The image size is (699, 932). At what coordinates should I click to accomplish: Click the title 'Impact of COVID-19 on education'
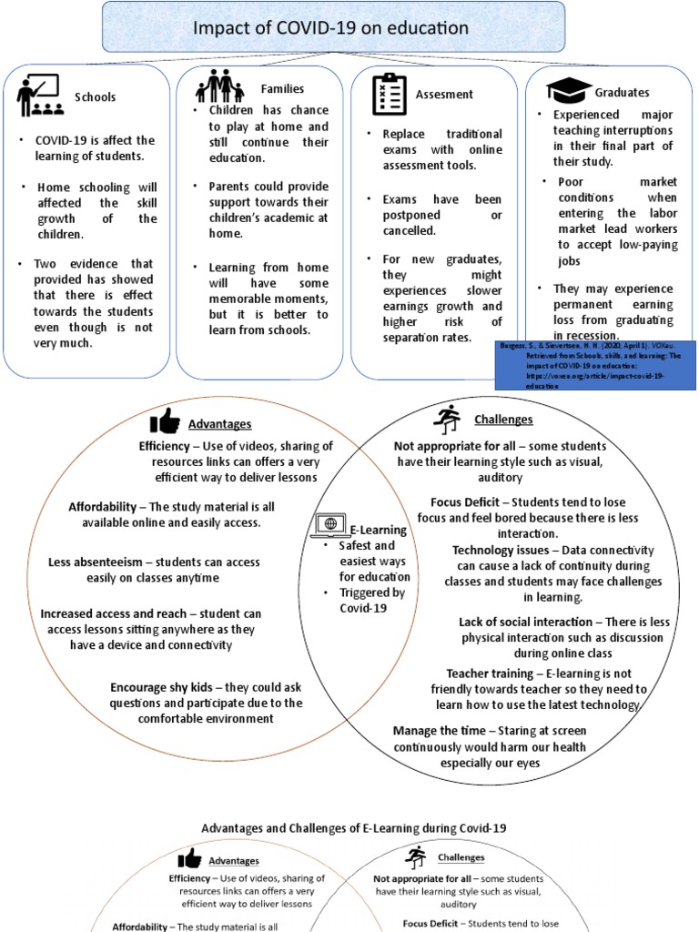(x=330, y=28)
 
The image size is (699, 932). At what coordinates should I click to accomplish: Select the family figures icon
(x=219, y=87)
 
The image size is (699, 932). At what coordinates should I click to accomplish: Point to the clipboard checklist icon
(x=390, y=94)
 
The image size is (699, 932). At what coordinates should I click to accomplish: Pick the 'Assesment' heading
(x=444, y=94)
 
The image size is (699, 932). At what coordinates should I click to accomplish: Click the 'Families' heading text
(x=282, y=89)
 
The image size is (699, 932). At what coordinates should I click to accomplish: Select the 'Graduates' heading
(x=622, y=92)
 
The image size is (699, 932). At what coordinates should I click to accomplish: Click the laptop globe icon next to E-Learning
(x=329, y=525)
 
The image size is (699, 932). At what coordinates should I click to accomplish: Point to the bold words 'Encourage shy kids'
(x=165, y=687)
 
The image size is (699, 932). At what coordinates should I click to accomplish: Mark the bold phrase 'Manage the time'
(x=432, y=730)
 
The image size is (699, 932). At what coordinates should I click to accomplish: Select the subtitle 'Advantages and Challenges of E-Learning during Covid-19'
(x=353, y=828)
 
